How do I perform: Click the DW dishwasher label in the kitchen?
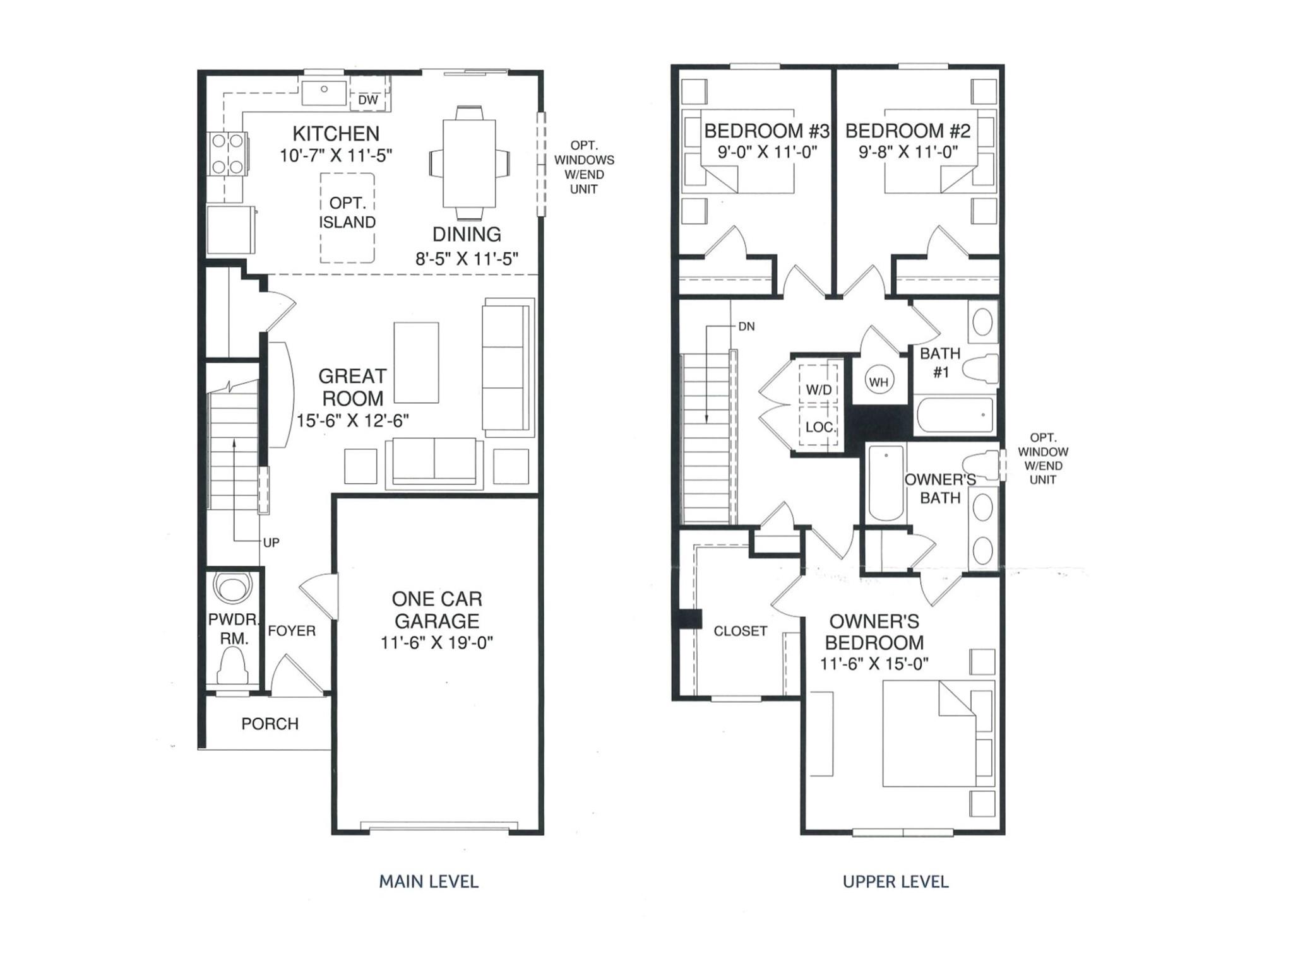368,100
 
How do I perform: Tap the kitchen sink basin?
324,92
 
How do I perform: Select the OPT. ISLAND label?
347,213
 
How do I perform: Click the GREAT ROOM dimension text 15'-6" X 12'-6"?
353,421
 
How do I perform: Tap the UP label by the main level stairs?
271,543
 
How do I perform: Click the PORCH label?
270,724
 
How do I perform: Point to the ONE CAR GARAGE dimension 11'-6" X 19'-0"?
437,643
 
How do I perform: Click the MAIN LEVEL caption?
429,881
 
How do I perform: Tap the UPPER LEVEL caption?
896,881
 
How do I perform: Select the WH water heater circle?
879,381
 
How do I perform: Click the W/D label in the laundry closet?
819,390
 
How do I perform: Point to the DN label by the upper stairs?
746,326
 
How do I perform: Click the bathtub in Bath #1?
955,414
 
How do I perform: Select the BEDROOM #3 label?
766,131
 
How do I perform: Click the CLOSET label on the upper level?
740,631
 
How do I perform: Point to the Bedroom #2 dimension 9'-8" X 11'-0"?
908,152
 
